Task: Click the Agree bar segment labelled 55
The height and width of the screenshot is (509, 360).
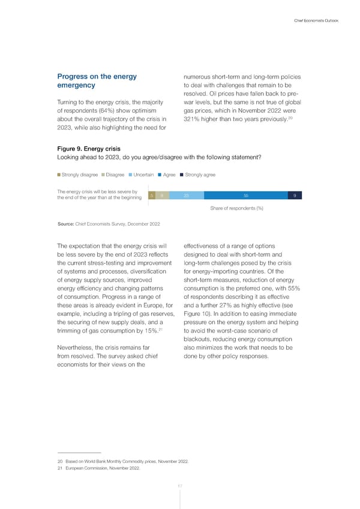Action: click(x=246, y=196)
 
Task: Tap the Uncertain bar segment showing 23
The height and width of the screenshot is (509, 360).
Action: click(x=187, y=196)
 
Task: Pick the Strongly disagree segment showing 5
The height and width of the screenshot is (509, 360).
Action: click(x=152, y=196)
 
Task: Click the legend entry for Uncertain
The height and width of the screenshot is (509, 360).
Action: click(x=140, y=175)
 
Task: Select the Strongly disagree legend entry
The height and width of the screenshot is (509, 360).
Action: click(x=78, y=175)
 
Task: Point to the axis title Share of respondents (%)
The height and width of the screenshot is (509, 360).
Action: click(x=237, y=208)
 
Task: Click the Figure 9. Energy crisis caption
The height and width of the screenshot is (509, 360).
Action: click(x=88, y=148)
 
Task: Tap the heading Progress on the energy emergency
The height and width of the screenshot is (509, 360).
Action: click(x=97, y=82)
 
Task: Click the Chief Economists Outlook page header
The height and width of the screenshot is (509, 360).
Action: click(x=316, y=22)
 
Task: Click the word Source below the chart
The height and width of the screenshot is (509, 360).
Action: click(x=65, y=223)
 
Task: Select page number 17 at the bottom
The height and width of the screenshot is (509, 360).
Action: click(x=179, y=486)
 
